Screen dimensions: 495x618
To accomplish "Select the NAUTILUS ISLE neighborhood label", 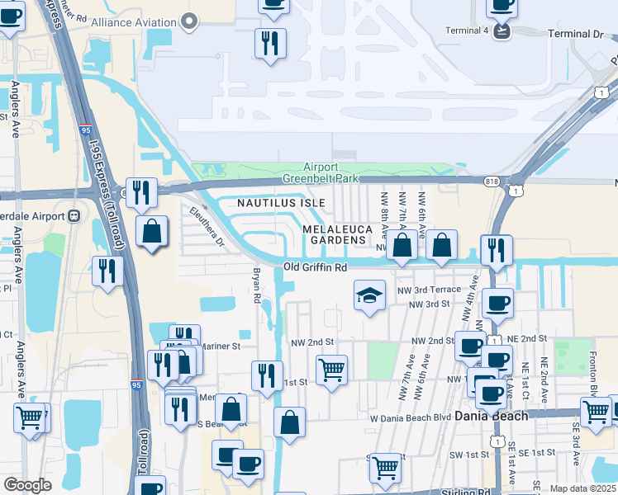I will tap(281, 202).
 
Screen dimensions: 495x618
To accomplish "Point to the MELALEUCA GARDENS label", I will tap(335, 234).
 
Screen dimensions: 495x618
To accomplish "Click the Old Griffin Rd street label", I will tap(315, 267).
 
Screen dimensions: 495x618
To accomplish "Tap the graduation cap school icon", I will tap(369, 296).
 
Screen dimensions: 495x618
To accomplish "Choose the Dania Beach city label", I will tap(493, 416).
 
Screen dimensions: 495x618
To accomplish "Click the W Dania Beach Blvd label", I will tap(410, 417).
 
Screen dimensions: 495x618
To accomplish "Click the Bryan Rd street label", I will tap(257, 285).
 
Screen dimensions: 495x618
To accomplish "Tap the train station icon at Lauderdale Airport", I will tap(74, 216).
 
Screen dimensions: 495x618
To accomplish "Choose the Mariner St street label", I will tap(218, 346).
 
